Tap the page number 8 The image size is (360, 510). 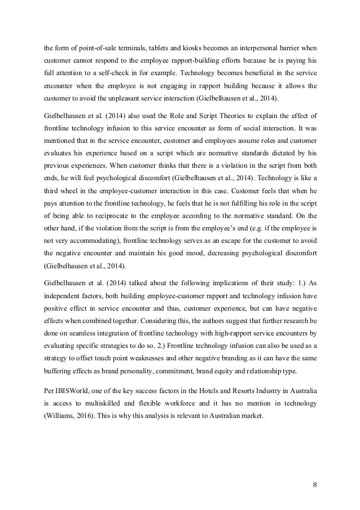click(x=314, y=483)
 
